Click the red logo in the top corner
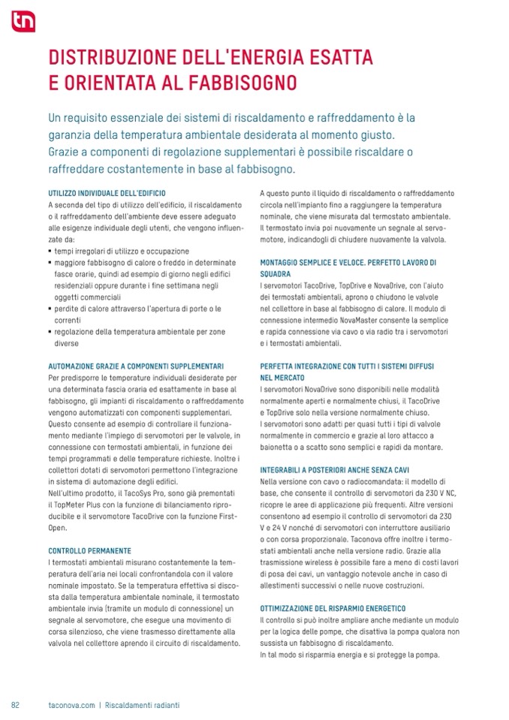coord(22,23)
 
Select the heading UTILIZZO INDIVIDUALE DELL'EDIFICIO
coord(106,193)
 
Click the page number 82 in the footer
coord(15,705)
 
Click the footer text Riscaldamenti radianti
coord(143,705)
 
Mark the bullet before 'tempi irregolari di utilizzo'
coord(49,252)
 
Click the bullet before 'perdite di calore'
coord(49,309)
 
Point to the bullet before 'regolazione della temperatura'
coord(49,331)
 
